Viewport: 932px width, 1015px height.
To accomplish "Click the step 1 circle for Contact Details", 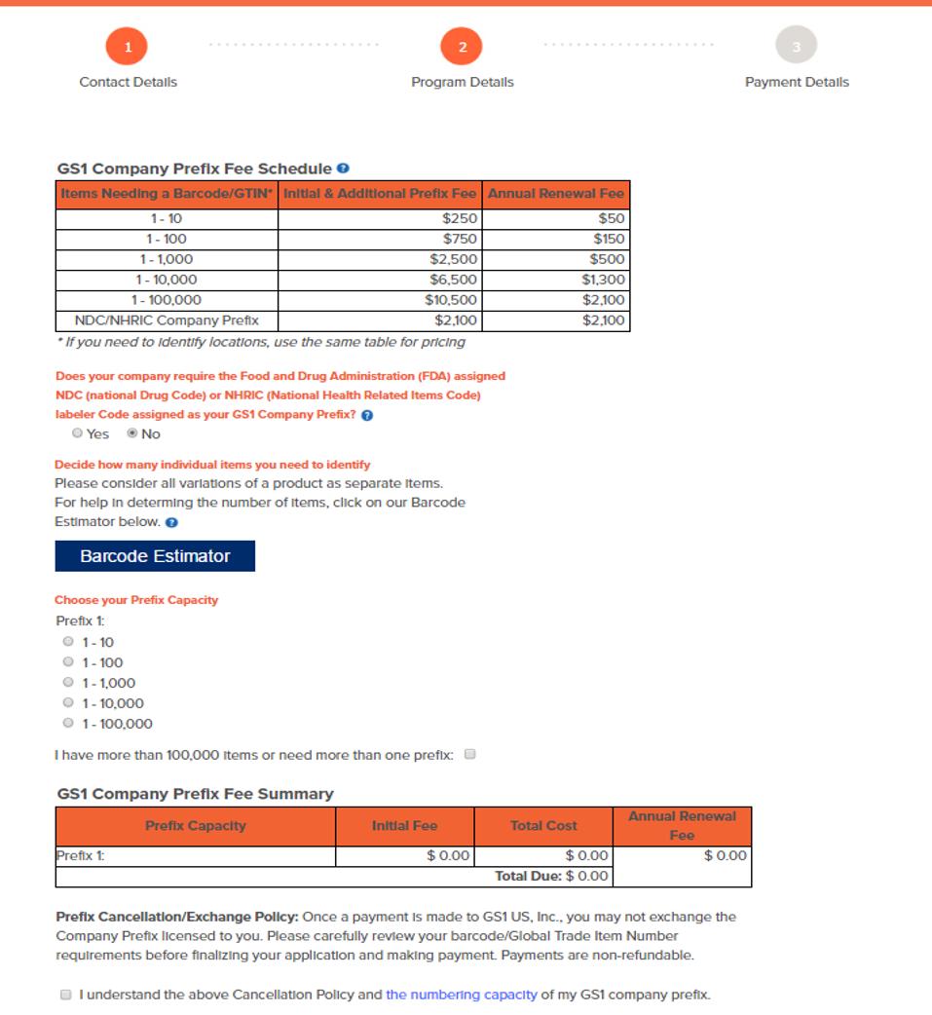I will [128, 46].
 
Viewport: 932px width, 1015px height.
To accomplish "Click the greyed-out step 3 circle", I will [796, 46].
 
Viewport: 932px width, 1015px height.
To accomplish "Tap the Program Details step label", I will [462, 82].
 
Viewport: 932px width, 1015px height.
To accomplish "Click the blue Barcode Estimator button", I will [155, 556].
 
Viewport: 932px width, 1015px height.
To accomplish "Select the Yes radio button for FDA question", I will [77, 433].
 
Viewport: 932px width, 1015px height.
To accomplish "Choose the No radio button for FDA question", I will [132, 433].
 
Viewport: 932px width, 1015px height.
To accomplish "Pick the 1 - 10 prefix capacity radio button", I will [68, 642].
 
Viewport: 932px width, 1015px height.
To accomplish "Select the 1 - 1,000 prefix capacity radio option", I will [68, 683].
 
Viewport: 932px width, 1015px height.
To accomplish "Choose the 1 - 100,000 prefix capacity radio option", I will [68, 724].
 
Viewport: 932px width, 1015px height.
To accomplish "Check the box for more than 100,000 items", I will [470, 754].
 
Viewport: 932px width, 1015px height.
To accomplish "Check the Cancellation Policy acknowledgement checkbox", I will [66, 995].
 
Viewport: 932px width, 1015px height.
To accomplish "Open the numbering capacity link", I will [461, 995].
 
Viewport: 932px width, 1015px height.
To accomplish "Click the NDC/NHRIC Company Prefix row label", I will [167, 320].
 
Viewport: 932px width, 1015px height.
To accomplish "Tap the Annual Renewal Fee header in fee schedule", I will [556, 194].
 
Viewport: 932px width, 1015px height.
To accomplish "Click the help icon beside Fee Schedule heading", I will [343, 169].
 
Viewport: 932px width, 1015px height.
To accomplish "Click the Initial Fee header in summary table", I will [404, 826].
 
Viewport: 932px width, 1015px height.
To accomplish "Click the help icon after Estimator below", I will [171, 522].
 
